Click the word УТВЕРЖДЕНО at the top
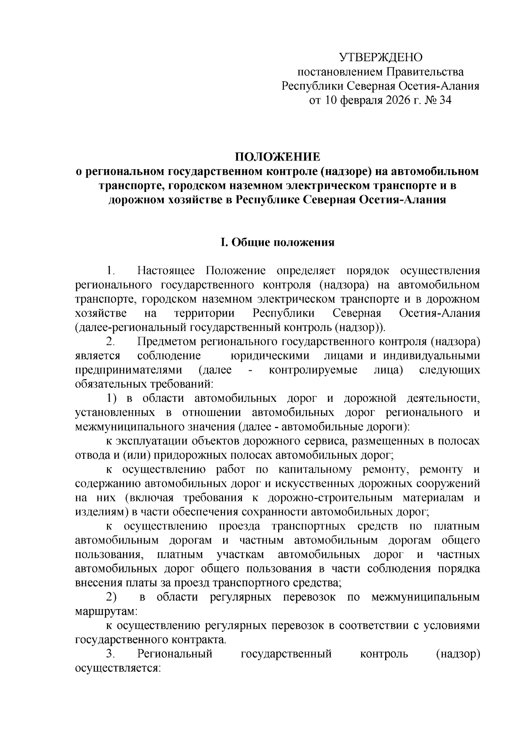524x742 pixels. (381, 57)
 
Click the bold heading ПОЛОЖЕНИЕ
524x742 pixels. (278, 157)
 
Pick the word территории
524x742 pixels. (204, 314)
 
